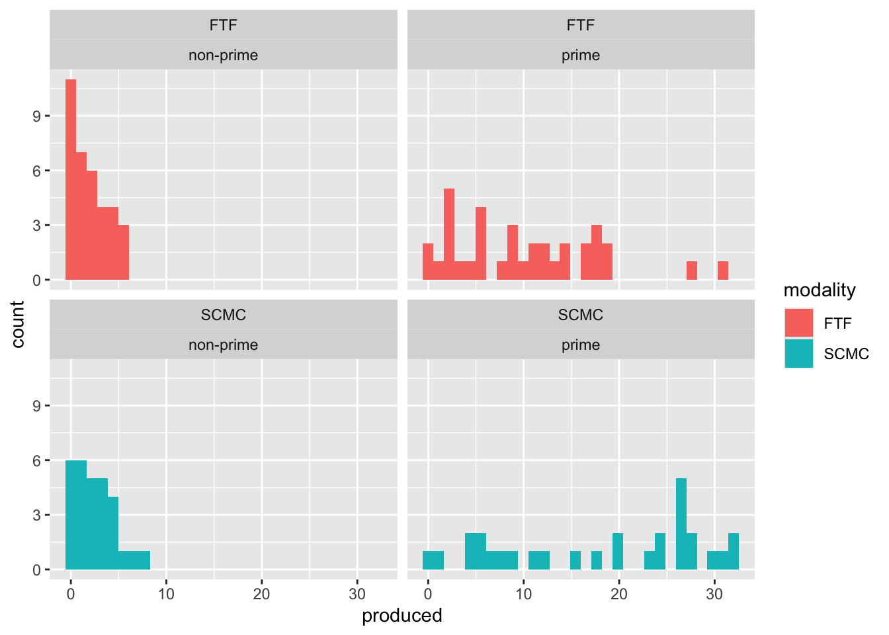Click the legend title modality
[819, 290]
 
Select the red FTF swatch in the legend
[798, 323]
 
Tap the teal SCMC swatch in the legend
[798, 353]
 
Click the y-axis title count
[18, 324]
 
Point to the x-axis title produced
[402, 616]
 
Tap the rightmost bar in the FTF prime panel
[723, 271]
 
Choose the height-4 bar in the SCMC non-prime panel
[113, 533]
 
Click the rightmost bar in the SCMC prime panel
[734, 552]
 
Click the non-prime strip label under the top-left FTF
[223, 56]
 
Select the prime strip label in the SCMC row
[581, 345]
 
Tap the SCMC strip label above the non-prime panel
[223, 315]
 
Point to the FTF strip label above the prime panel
[581, 25]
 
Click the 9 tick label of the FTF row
[37, 116]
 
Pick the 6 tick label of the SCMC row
[37, 461]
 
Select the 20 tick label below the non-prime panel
[261, 594]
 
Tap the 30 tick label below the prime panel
[714, 594]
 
